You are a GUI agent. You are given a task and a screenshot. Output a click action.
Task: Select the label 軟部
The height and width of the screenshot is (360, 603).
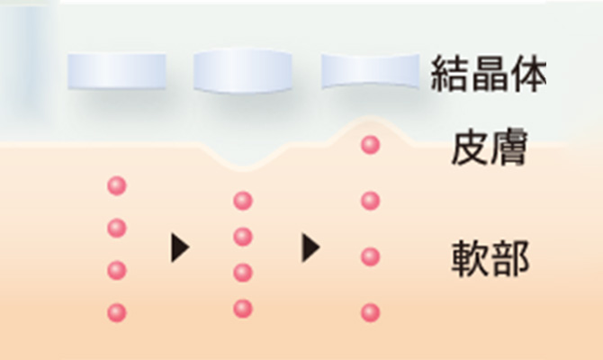click(x=489, y=259)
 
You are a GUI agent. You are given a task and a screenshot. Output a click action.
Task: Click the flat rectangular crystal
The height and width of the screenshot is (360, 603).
click(x=117, y=71)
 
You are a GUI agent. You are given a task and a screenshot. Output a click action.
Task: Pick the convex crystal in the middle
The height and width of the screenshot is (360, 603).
click(x=243, y=71)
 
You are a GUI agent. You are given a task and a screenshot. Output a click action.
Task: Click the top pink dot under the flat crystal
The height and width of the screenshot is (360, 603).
click(x=116, y=186)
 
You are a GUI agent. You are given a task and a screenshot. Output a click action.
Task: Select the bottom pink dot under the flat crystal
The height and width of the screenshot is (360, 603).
click(x=116, y=312)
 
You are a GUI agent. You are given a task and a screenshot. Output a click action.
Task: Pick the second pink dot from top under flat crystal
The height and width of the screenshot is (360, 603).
click(x=116, y=229)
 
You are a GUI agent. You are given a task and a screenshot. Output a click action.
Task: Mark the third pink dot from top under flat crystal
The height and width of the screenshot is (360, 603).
click(x=116, y=270)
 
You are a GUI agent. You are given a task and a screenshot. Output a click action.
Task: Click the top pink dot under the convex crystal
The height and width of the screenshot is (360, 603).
click(x=243, y=201)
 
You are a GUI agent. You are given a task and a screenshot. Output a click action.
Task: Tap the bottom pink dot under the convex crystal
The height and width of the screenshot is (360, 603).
click(x=243, y=309)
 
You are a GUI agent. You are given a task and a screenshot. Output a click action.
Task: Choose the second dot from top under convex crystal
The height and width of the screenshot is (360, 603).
click(x=243, y=237)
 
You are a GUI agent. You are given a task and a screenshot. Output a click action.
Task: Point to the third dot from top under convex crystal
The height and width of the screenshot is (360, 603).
click(x=243, y=273)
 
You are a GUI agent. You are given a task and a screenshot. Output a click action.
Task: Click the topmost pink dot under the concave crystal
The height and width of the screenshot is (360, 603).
click(x=370, y=145)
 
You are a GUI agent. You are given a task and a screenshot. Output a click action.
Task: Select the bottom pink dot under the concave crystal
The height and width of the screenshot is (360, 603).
click(x=370, y=312)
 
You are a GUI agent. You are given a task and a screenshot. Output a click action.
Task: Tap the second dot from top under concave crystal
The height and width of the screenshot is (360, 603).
click(x=370, y=201)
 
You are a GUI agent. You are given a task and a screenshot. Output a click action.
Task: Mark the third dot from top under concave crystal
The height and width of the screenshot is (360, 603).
click(x=370, y=256)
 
